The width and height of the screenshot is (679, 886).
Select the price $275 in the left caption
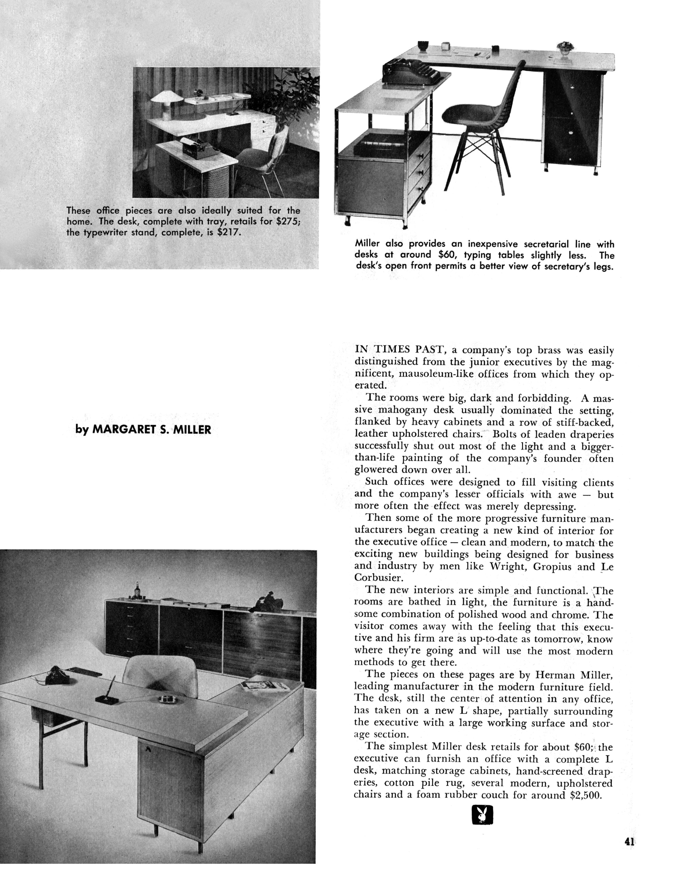287,222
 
